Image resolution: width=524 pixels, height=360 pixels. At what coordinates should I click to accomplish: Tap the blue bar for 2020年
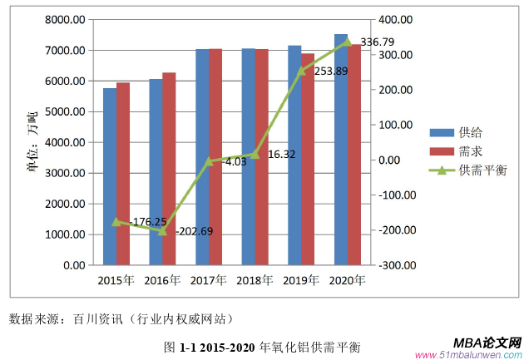340,150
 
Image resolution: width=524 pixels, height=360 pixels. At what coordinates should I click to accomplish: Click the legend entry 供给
471,132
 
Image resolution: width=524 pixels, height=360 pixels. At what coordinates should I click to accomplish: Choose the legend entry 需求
471,151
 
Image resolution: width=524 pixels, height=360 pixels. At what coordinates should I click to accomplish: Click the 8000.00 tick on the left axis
66,19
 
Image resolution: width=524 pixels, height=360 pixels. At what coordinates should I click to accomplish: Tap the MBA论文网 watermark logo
487,343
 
